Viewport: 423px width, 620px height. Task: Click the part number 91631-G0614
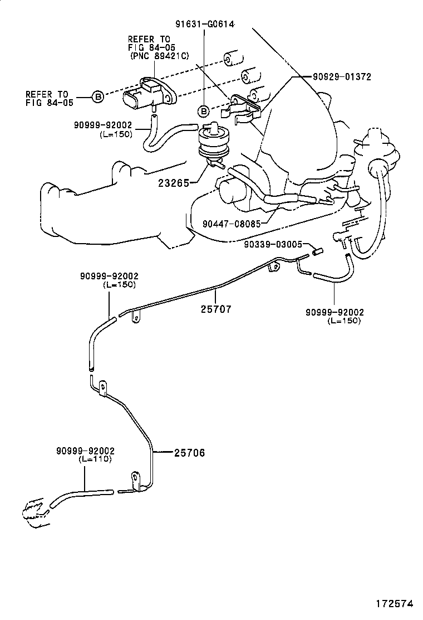204,23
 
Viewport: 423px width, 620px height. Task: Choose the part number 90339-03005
273,244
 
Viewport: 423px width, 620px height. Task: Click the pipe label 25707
215,308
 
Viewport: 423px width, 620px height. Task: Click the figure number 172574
395,604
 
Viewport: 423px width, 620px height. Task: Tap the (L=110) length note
95,459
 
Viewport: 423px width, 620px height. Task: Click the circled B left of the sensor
97,97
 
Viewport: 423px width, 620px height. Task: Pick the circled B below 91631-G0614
204,110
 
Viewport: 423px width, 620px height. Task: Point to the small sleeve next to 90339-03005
318,251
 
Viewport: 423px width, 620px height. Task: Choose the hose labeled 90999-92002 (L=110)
81,494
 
